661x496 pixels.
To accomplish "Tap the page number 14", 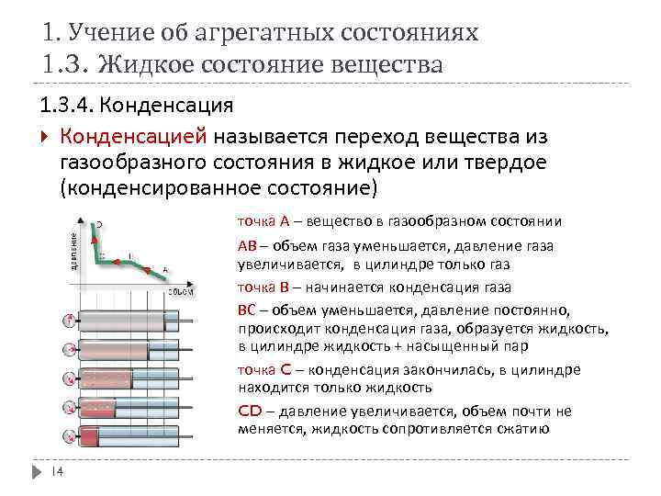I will pyautogui.click(x=55, y=472).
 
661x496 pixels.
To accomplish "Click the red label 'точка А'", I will pyautogui.click(x=263, y=221).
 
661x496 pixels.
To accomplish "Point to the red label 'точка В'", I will pyautogui.click(x=263, y=285).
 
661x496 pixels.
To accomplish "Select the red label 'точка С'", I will pyautogui.click(x=264, y=369).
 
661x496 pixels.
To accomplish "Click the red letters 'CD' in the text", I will pyautogui.click(x=250, y=411).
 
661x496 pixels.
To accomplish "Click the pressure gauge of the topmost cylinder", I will pyautogui.click(x=69, y=321).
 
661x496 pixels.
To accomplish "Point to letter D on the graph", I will pyautogui.click(x=98, y=223).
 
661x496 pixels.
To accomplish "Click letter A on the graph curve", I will pyautogui.click(x=165, y=269).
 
